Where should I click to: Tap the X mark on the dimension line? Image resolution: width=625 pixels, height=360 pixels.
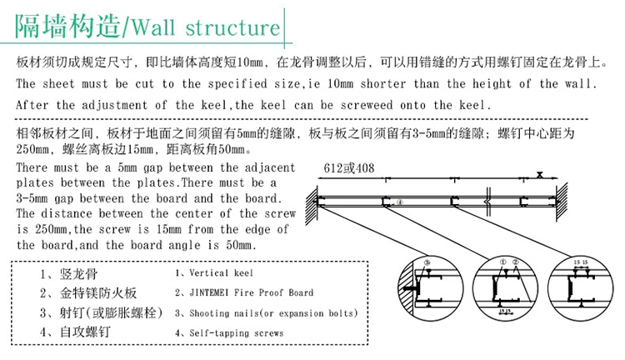pos(541,175)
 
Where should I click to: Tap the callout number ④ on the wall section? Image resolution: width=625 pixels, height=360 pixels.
pos(399,202)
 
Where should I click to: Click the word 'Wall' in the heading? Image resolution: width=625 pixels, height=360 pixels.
pos(157,27)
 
